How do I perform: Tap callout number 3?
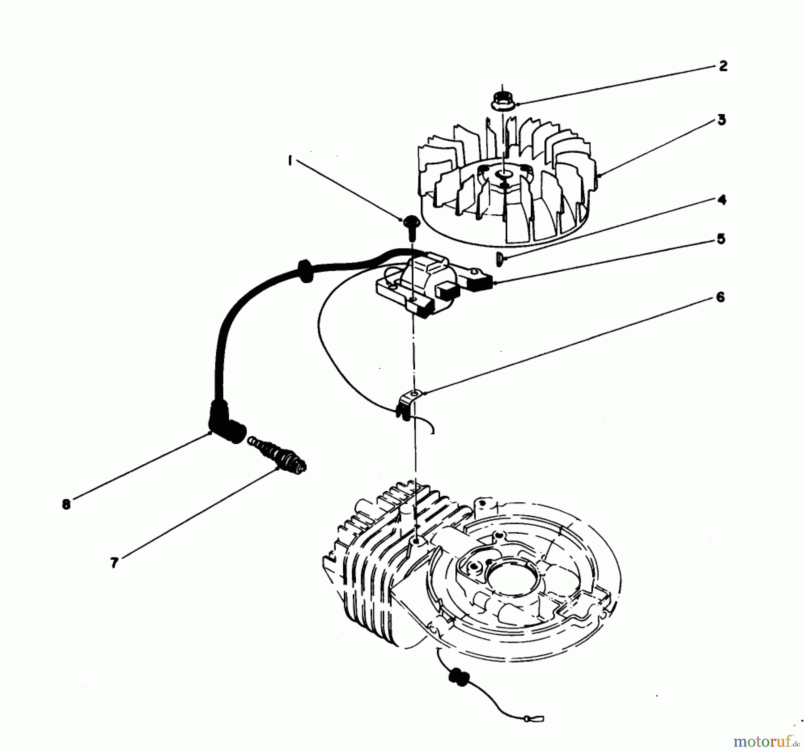point(721,120)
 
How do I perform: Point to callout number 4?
point(721,200)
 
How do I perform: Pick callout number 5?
point(720,239)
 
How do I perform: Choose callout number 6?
point(720,297)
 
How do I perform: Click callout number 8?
point(66,504)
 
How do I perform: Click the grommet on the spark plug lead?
point(305,270)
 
